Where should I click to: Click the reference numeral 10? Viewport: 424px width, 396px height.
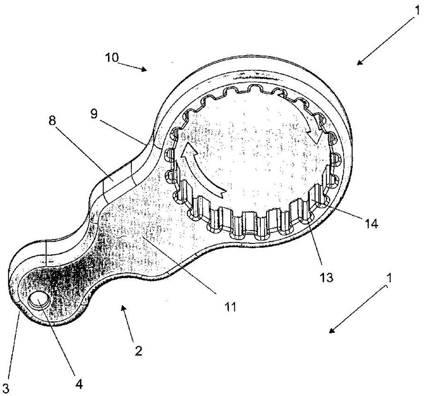(x=112, y=58)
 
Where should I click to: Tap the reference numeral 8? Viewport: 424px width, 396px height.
(x=52, y=121)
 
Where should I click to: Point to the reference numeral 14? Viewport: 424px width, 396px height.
(x=371, y=224)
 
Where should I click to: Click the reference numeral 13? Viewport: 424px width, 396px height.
(x=326, y=278)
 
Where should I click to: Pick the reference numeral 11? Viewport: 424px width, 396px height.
(x=230, y=307)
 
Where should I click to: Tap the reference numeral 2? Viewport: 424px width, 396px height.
(x=138, y=351)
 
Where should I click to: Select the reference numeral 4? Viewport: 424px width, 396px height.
(x=79, y=384)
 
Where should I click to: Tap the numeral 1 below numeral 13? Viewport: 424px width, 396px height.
(x=389, y=278)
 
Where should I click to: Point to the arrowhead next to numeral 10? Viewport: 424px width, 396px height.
(x=144, y=69)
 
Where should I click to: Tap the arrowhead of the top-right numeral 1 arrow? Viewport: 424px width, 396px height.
(x=360, y=62)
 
